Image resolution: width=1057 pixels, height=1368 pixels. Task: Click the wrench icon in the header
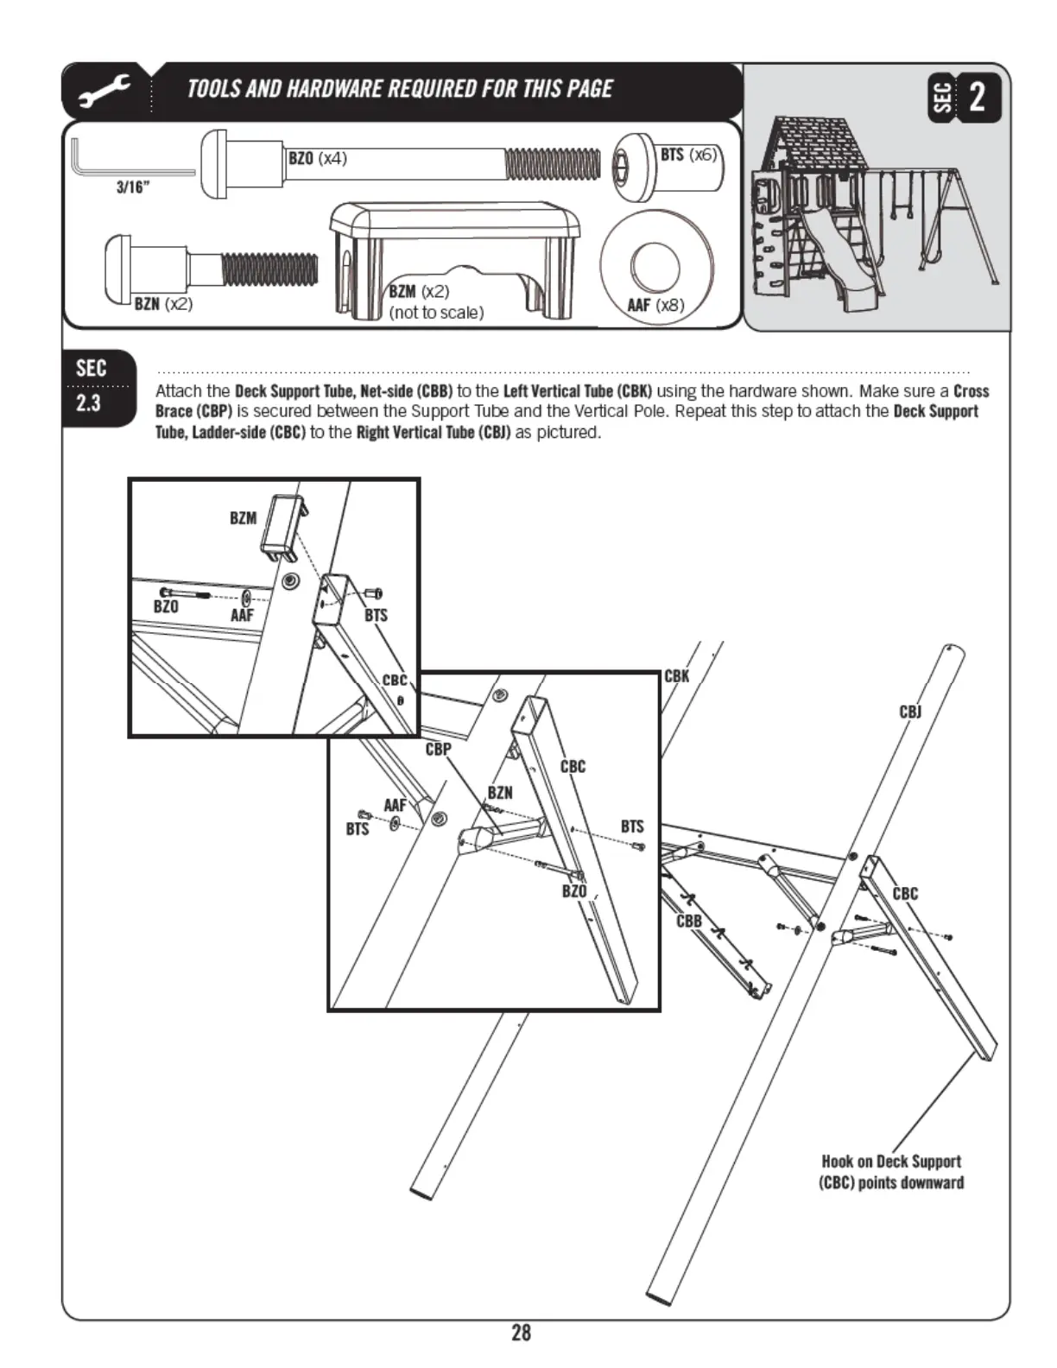coord(104,91)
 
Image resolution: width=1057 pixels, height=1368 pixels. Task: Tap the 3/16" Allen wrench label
coord(132,187)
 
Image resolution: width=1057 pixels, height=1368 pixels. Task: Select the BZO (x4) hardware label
coord(317,158)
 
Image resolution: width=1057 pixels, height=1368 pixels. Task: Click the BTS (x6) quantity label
coord(688,155)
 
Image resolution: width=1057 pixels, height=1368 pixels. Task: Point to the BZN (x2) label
coord(163,304)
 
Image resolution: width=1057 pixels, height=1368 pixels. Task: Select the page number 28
coord(521,1333)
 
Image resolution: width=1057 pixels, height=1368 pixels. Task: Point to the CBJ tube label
coord(910,712)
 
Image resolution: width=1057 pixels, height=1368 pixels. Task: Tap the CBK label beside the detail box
coord(677,676)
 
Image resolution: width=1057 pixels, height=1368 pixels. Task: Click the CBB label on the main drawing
coord(689,921)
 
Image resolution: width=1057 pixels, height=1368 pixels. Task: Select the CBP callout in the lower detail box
coord(438,749)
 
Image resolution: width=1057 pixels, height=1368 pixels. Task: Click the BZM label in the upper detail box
coord(243,518)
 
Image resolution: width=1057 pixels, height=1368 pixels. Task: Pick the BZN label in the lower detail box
coord(500,792)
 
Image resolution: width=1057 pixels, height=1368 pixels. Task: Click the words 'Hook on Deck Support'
coord(890,1162)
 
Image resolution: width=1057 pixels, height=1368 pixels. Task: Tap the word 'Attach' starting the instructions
coord(180,391)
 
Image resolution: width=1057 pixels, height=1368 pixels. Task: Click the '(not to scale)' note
coord(436,313)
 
